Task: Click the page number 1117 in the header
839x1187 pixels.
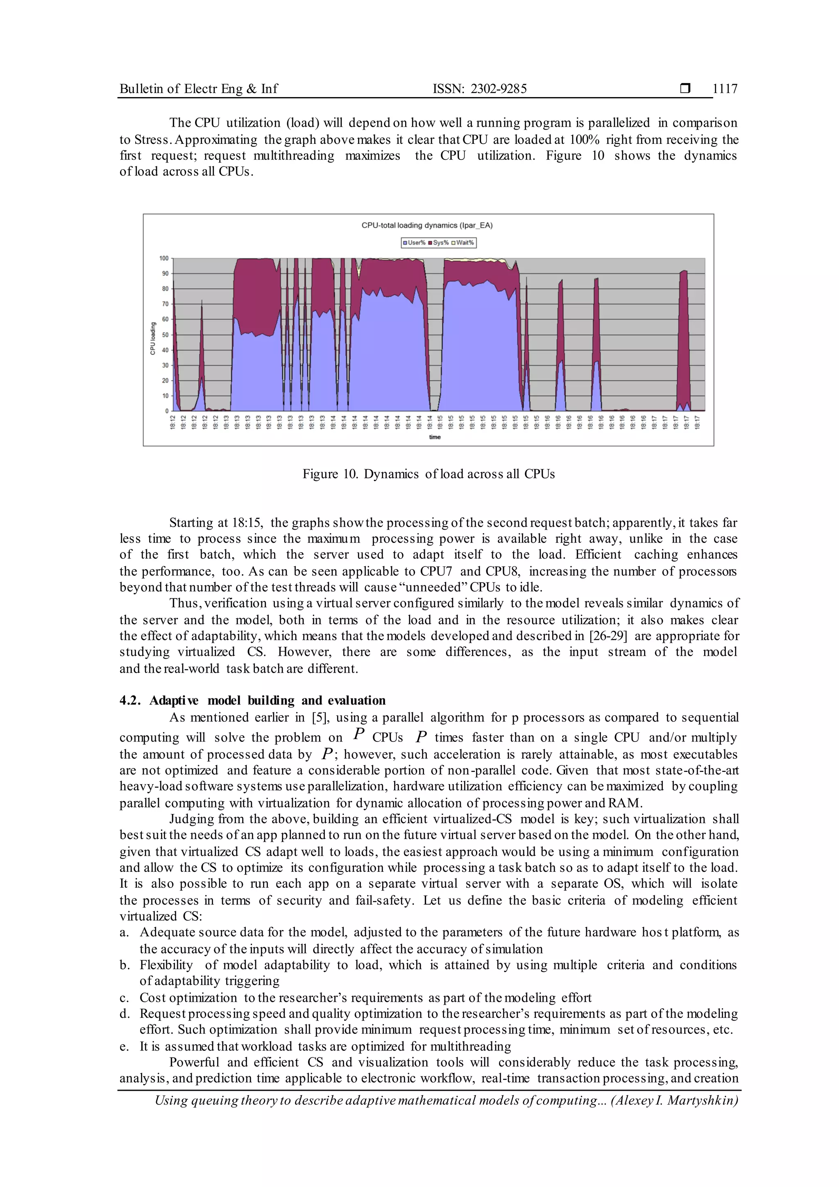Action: click(725, 89)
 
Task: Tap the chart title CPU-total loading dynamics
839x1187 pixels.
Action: click(427, 225)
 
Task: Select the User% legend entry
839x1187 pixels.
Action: click(415, 243)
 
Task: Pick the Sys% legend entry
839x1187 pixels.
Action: click(439, 243)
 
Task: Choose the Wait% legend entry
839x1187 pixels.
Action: click(463, 243)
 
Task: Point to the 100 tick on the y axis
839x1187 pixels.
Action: click(164, 258)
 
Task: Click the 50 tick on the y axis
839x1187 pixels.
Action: click(166, 334)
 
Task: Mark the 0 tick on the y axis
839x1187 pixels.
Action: click(167, 411)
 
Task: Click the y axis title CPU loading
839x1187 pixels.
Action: click(153, 339)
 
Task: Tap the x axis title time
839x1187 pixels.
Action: click(435, 437)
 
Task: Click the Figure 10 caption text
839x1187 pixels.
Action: click(428, 474)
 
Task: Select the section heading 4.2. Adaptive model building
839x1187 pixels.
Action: click(253, 700)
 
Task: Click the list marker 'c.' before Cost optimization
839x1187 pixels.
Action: click(124, 998)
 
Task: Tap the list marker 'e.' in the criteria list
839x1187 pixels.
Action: click(124, 1046)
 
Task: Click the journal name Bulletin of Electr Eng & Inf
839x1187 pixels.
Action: click(198, 89)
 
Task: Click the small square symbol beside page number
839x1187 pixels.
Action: click(685, 89)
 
